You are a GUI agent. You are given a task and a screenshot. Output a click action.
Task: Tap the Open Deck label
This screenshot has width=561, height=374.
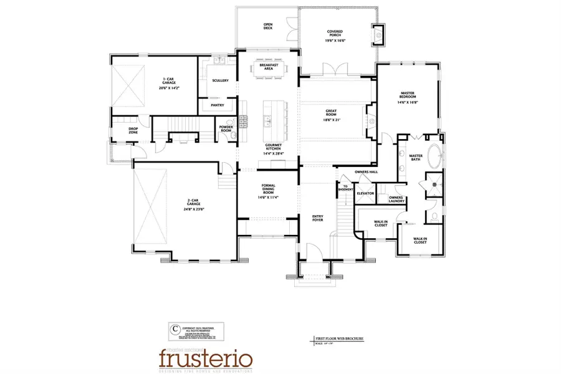pyautogui.click(x=269, y=26)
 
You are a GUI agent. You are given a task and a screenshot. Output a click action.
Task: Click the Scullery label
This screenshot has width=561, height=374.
pyautogui.click(x=220, y=80)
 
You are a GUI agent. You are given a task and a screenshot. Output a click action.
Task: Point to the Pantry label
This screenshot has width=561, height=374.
pyautogui.click(x=218, y=105)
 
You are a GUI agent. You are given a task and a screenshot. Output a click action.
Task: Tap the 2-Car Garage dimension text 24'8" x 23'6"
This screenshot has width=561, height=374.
pyautogui.click(x=194, y=209)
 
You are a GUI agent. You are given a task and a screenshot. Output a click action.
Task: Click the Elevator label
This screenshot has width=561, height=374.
pyautogui.click(x=365, y=193)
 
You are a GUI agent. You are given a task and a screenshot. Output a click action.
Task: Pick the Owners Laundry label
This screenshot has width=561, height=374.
pyautogui.click(x=396, y=199)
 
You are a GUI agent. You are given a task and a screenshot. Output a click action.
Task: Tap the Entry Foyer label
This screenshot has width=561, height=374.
pyautogui.click(x=317, y=218)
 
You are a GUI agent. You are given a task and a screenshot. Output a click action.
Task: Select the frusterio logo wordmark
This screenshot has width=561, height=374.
pyautogui.click(x=205, y=358)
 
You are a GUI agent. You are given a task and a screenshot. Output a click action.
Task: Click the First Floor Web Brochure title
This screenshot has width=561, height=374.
pyautogui.click(x=340, y=338)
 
